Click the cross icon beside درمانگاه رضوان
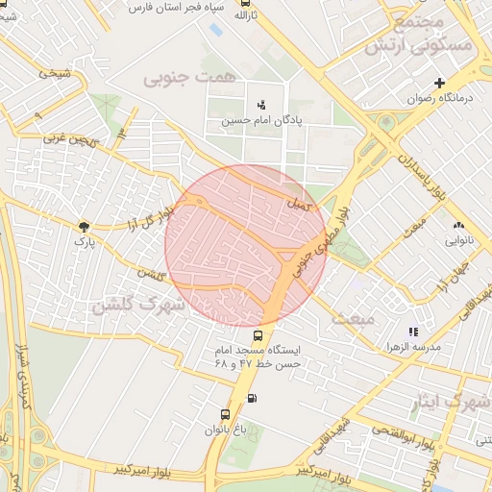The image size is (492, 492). tap(440, 84)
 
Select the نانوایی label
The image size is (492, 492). tap(457, 240)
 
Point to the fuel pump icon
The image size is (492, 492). tap(252, 398)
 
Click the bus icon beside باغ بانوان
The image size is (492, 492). tap(225, 415)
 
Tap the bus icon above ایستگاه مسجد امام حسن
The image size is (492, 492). tap(258, 335)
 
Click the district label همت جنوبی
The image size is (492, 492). tap(181, 79)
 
